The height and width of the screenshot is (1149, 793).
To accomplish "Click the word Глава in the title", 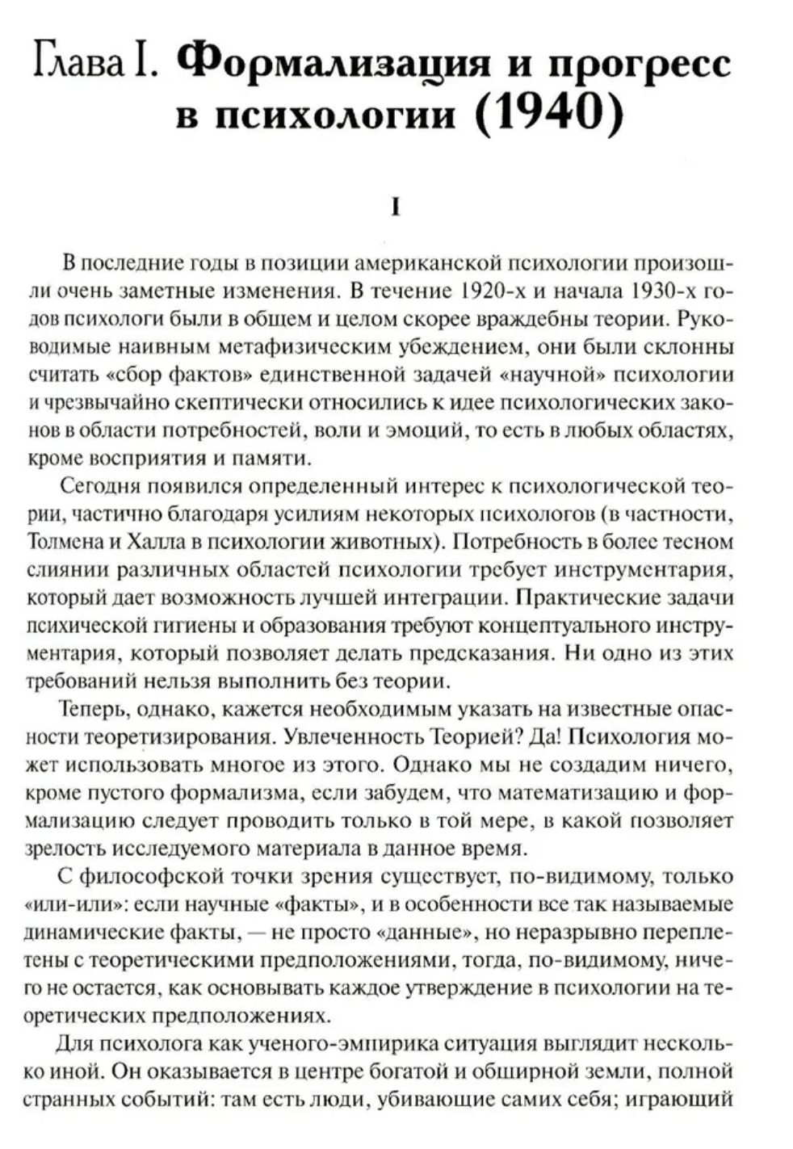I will coord(78,62).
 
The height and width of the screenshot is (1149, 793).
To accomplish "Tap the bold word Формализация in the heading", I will coord(333,62).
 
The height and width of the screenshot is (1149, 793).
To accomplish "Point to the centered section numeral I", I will coord(396,208).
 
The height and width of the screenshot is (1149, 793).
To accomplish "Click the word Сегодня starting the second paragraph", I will coord(96,486).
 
